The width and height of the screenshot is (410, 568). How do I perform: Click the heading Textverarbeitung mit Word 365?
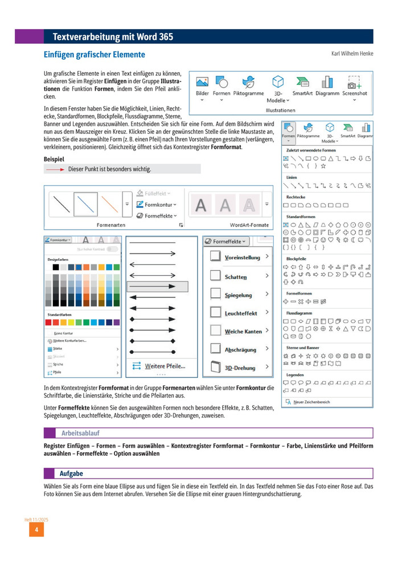pyautogui.click(x=113, y=37)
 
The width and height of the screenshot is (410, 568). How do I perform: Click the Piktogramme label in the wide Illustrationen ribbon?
pyautogui.click(x=249, y=93)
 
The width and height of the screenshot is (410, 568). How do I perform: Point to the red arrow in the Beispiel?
pyautogui.click(x=55, y=169)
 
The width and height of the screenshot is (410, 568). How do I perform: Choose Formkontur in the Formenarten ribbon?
pyautogui.click(x=157, y=204)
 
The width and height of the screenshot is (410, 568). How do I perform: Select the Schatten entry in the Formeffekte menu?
pyautogui.click(x=235, y=277)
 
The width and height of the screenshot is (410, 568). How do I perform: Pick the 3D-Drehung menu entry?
pyautogui.click(x=240, y=368)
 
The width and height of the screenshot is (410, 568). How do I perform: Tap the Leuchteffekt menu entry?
pyautogui.click(x=240, y=313)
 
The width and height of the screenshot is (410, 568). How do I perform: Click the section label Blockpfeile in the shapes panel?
pyautogui.click(x=297, y=259)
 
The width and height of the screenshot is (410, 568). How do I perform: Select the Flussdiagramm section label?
pyautogui.click(x=300, y=313)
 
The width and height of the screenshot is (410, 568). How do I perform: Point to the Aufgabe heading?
pyautogui.click(x=71, y=473)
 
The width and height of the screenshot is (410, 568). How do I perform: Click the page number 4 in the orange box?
pyautogui.click(x=36, y=530)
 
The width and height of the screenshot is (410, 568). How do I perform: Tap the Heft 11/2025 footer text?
pyautogui.click(x=36, y=520)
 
